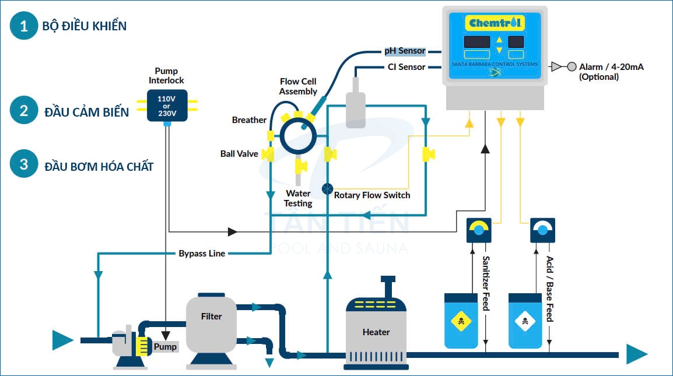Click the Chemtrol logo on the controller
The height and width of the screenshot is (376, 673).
495,23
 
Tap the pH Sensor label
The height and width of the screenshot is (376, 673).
404,51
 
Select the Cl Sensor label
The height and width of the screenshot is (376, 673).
406,67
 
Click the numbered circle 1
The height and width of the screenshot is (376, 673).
24,26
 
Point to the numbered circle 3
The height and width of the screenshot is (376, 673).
24,164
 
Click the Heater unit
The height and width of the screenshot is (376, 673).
376,332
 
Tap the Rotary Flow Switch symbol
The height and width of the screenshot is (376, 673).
327,189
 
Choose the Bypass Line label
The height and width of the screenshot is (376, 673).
202,254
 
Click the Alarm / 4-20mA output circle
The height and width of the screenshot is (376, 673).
572,67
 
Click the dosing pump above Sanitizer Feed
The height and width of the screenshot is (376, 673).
479,230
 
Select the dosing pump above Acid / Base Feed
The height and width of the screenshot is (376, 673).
542,230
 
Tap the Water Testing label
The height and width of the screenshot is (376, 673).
298,198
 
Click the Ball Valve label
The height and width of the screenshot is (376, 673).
239,154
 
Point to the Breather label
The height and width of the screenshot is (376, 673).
249,120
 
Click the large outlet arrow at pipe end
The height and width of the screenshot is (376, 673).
636,354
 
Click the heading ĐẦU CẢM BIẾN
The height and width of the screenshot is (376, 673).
87,112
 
